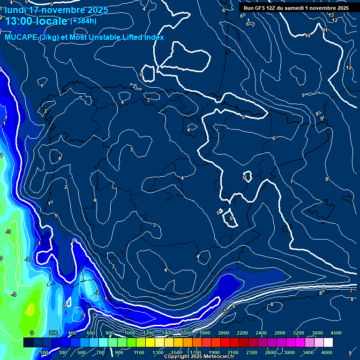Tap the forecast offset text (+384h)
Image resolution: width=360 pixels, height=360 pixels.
pyautogui.click(x=83, y=21)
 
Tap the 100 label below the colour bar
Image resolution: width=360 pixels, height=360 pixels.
pyautogui.click(x=44, y=352)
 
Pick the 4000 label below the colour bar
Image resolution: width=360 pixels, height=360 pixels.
pyautogui.click(x=327, y=352)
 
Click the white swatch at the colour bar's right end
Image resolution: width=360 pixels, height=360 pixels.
pyautogui.click(x=328, y=343)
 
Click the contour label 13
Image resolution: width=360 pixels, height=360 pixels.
pyautogui.click(x=331, y=15)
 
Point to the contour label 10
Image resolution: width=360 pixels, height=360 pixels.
pyautogui.click(x=307, y=36)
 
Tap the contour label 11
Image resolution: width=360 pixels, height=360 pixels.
pyautogui.click(x=324, y=30)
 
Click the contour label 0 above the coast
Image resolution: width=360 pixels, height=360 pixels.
pyautogui.click(x=74, y=240)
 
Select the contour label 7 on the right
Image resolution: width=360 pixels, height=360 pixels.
pyautogui.click(x=291, y=181)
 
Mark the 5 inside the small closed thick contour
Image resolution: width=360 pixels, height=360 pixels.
pyautogui.click(x=244, y=178)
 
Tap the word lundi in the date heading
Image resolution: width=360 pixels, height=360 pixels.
pyautogui.click(x=15, y=10)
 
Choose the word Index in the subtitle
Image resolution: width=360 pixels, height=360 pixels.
pyautogui.click(x=154, y=37)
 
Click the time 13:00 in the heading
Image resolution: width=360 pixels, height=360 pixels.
pyautogui.click(x=20, y=21)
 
